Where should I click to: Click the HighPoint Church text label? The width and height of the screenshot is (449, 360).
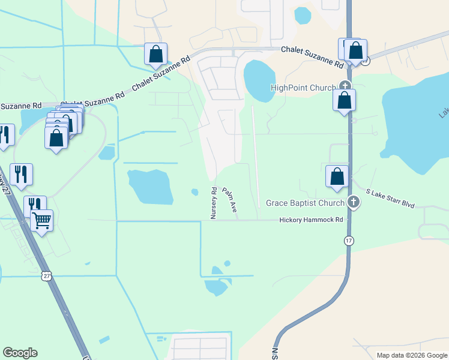303,88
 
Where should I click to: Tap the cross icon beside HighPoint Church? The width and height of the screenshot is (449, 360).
345,85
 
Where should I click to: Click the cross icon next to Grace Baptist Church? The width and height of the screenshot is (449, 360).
354,202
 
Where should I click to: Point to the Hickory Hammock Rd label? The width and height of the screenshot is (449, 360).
311,220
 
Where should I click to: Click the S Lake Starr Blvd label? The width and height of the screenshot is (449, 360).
390,198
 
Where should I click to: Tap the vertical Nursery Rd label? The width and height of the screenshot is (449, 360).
214,203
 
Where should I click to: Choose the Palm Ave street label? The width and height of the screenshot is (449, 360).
229,199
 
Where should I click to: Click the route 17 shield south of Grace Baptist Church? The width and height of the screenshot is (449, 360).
349,240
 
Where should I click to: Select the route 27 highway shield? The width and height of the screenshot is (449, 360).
47,275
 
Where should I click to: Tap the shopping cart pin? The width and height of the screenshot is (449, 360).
41,220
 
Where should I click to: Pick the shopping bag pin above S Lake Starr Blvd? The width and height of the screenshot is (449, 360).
337,176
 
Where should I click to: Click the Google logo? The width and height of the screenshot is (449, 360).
20,353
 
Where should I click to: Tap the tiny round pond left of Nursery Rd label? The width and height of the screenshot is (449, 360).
194,192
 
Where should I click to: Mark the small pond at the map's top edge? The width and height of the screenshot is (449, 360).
303,14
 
